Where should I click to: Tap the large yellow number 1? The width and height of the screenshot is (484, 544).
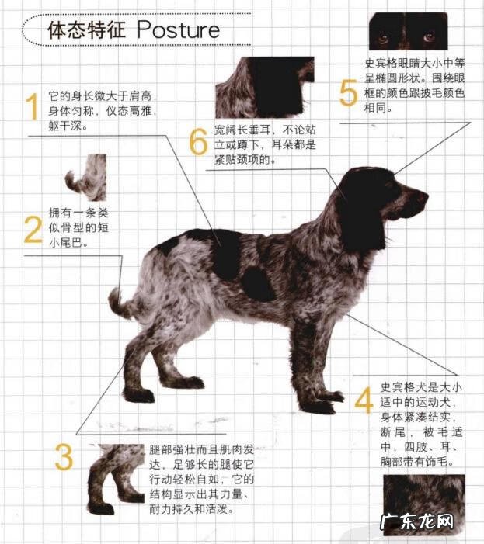pos(32,108)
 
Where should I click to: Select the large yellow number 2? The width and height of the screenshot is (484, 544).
pos(32,230)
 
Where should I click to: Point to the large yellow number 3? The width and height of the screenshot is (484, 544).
pos(64,458)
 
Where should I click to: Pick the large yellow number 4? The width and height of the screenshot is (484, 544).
pos(364,399)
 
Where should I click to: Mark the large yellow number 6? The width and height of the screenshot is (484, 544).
pos(198,142)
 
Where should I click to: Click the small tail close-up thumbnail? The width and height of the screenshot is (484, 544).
pos(85,178)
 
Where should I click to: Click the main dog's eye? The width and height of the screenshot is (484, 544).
pos(399,186)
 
